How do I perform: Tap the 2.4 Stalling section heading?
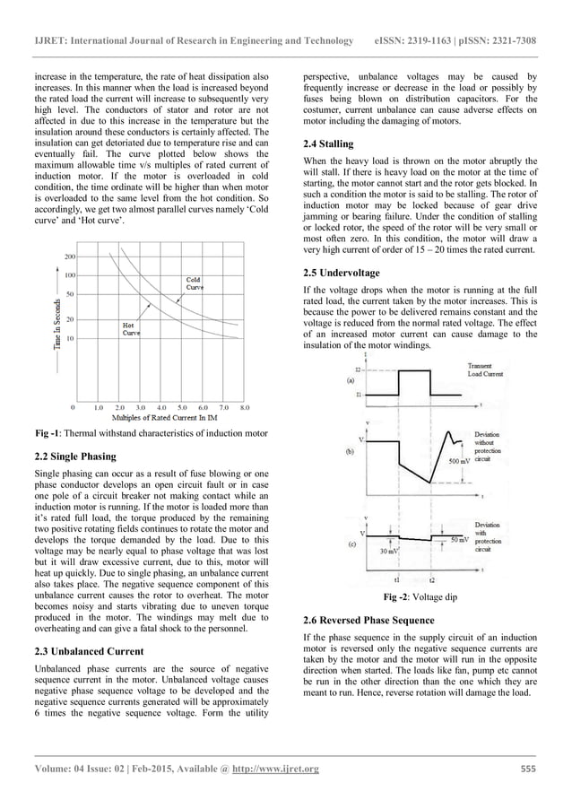330,144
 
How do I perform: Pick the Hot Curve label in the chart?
131,327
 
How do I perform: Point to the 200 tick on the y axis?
69,257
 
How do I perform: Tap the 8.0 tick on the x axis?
244,406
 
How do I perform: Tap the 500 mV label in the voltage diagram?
459,461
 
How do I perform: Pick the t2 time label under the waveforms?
432,579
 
